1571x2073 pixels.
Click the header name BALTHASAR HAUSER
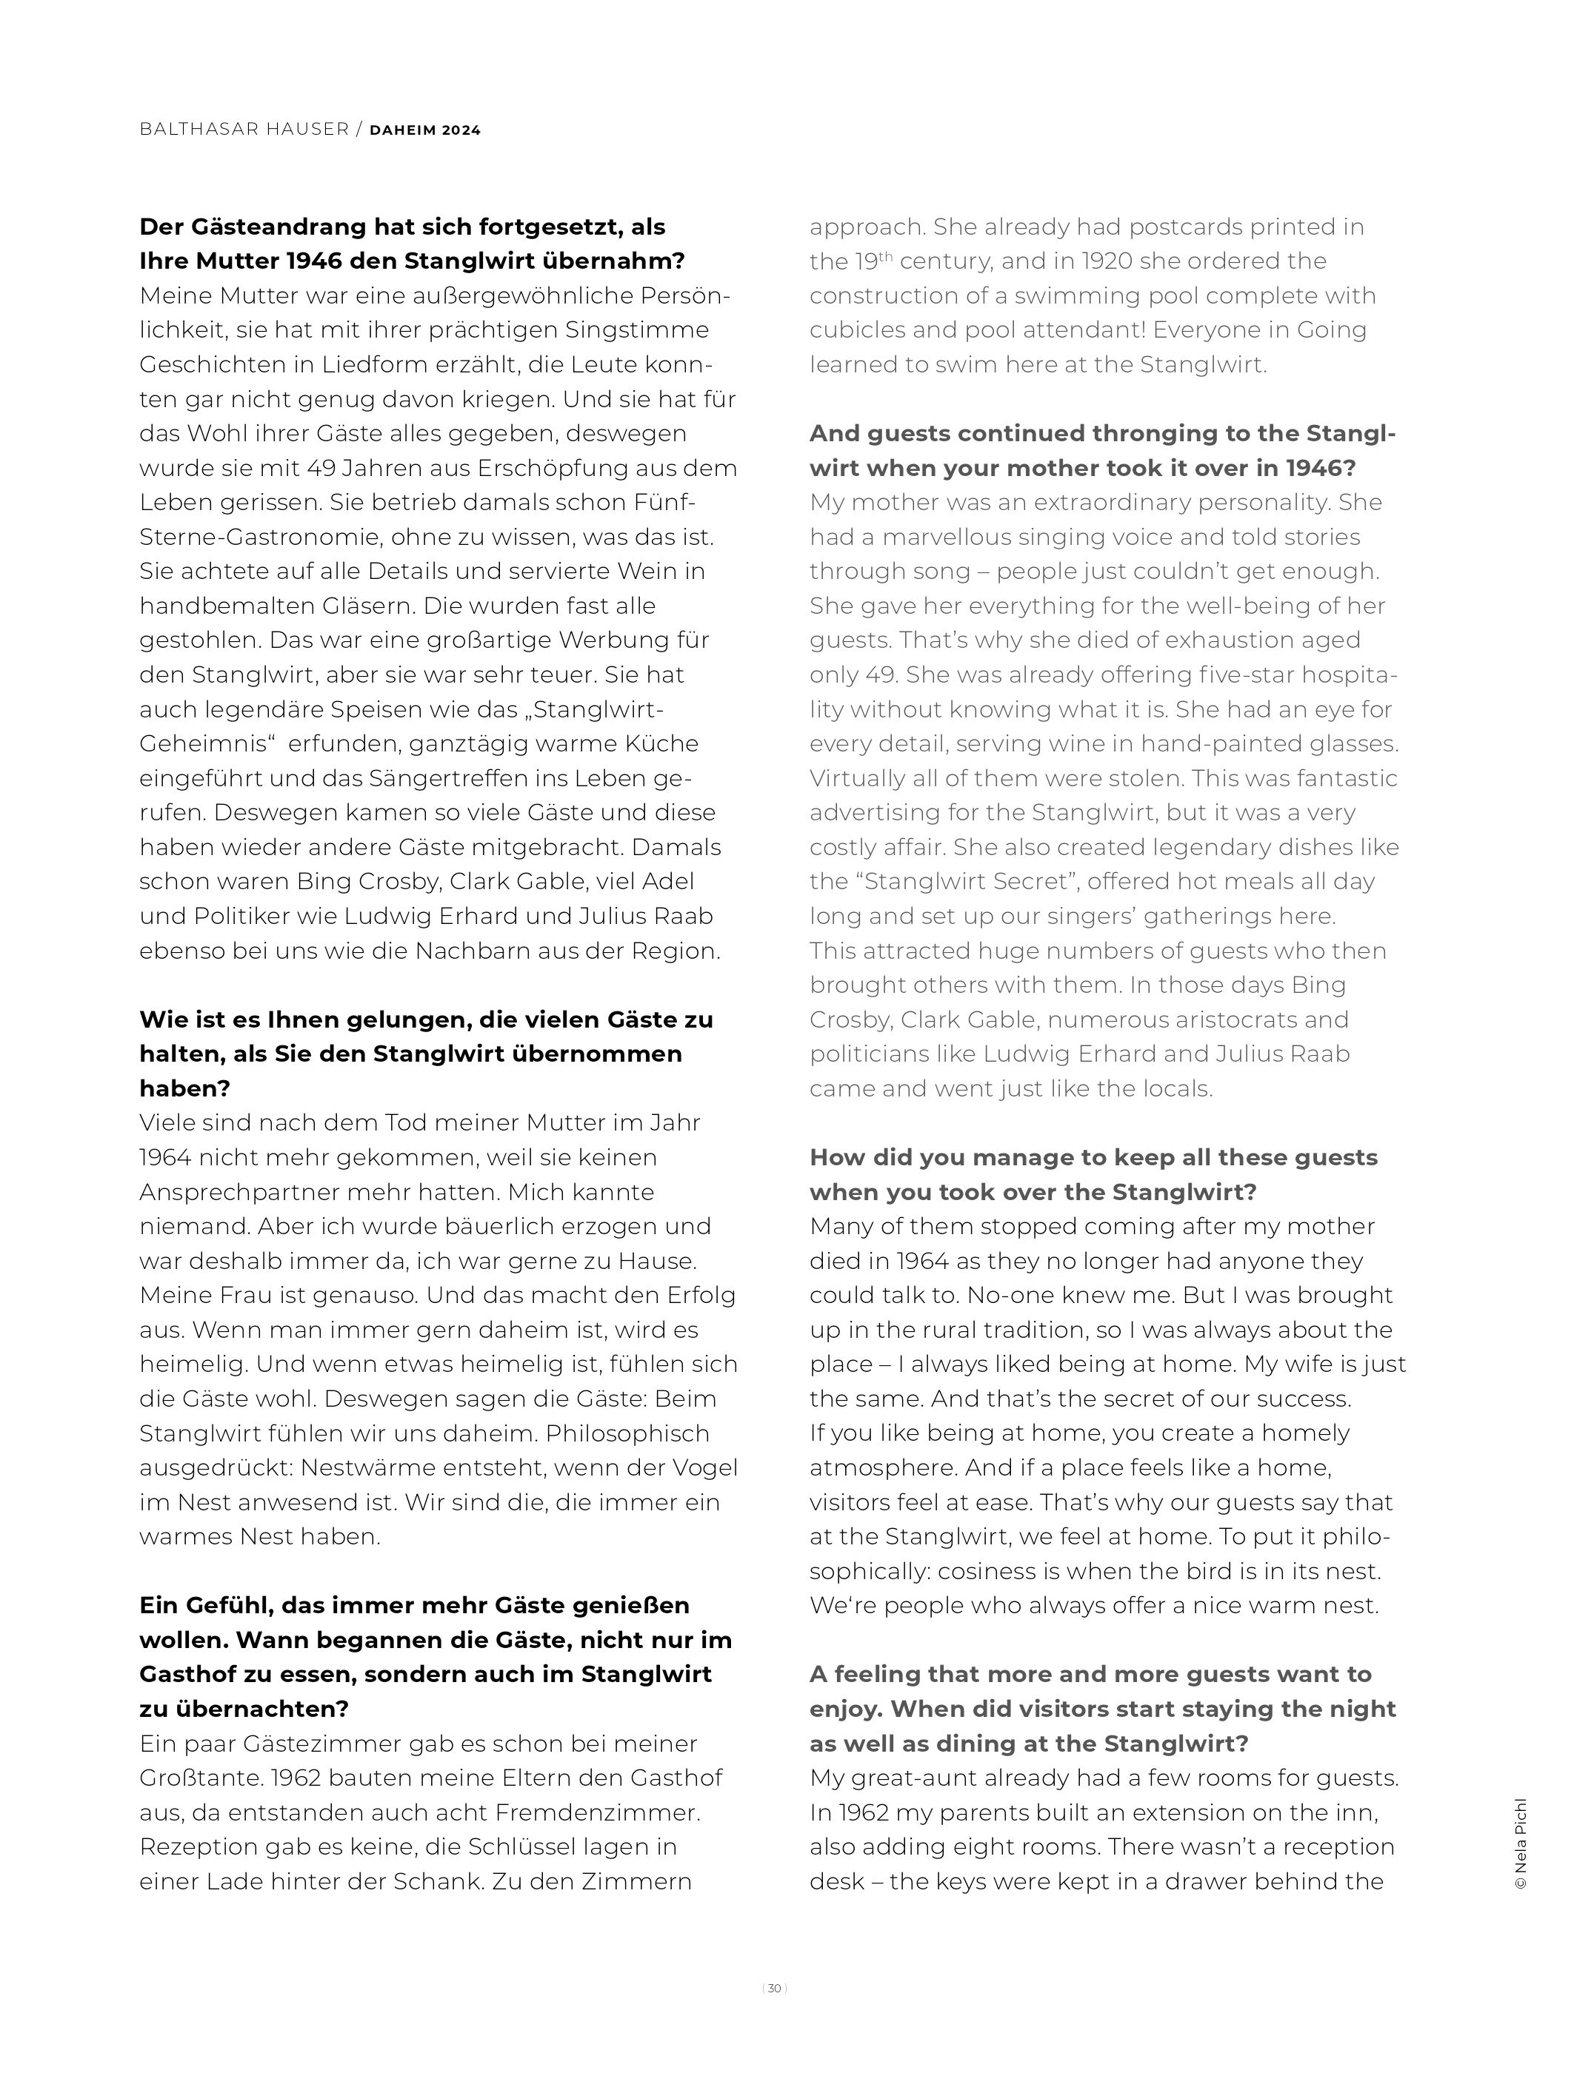tap(244, 130)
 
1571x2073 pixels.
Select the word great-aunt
tap(914, 1778)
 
